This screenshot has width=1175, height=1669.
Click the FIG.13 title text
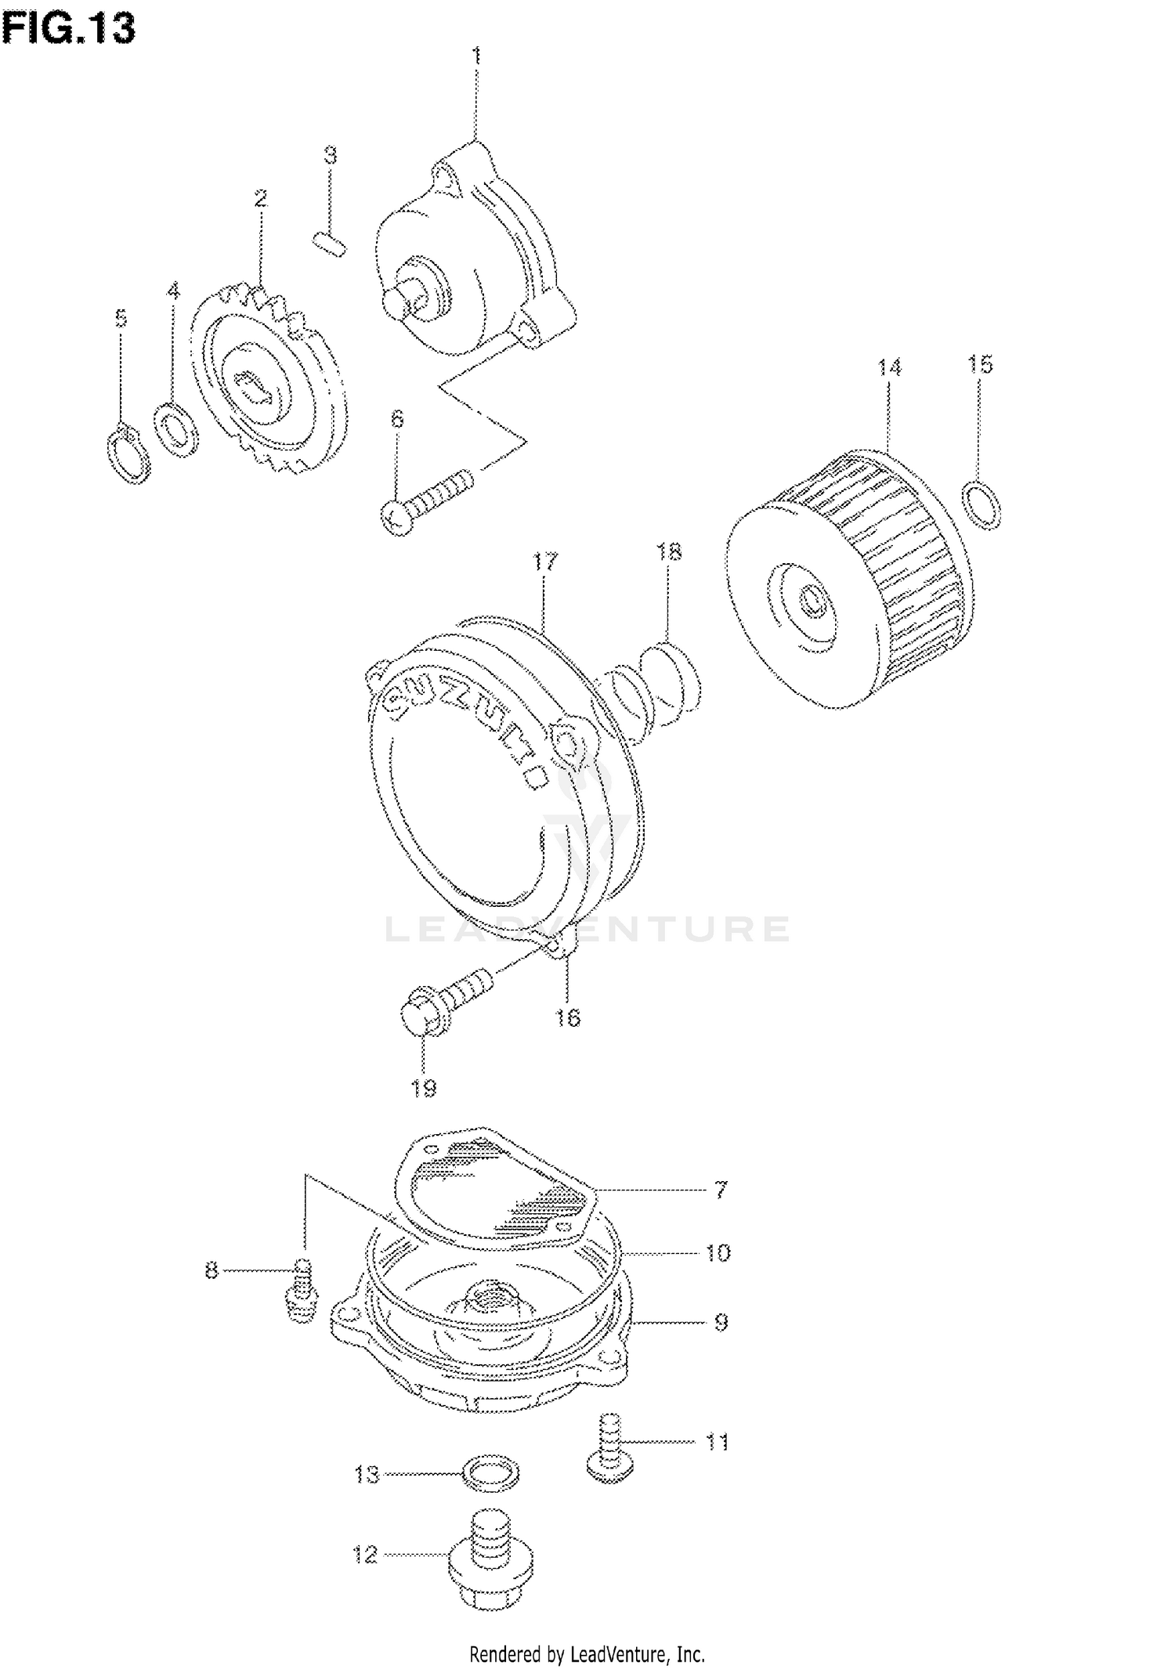click(69, 29)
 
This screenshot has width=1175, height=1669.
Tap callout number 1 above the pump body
click(475, 56)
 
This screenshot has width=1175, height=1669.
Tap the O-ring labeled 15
click(981, 506)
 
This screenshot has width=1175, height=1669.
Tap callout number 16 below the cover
click(568, 1017)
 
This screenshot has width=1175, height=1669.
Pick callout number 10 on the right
click(717, 1253)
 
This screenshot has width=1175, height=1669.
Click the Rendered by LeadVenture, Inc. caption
click(587, 1653)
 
